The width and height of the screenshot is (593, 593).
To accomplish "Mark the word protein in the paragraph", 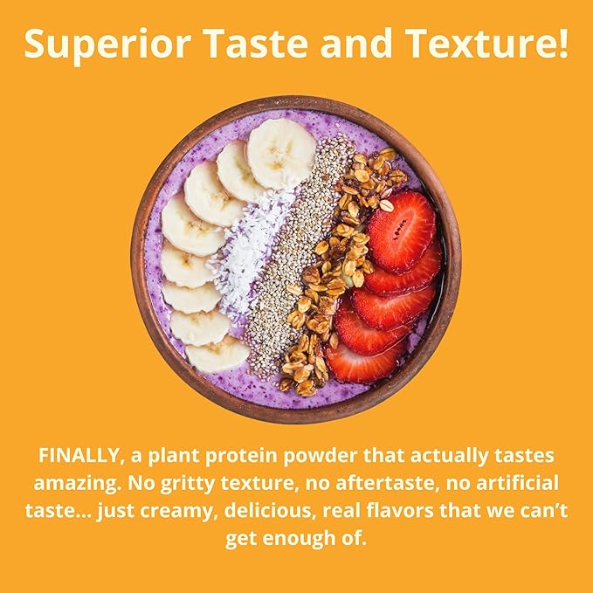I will click(254, 457).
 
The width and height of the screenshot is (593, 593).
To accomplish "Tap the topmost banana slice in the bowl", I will click(280, 153).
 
